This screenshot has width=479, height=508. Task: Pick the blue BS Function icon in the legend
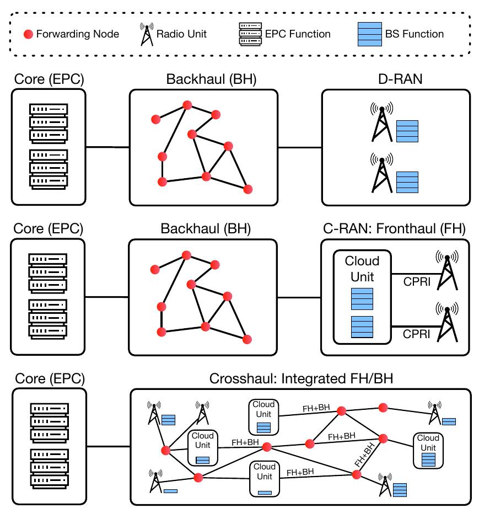point(366,34)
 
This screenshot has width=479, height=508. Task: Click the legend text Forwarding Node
point(77,34)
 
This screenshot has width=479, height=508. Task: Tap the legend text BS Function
point(415,34)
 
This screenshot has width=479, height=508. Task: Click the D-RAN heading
point(396,79)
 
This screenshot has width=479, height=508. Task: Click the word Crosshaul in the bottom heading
point(233,379)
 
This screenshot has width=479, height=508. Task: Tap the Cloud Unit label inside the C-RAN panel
point(362,269)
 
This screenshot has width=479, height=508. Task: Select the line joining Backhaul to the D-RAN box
point(300,148)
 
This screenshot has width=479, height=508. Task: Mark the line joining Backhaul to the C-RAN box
point(299,297)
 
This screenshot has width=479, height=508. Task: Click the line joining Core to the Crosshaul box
point(109,447)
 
